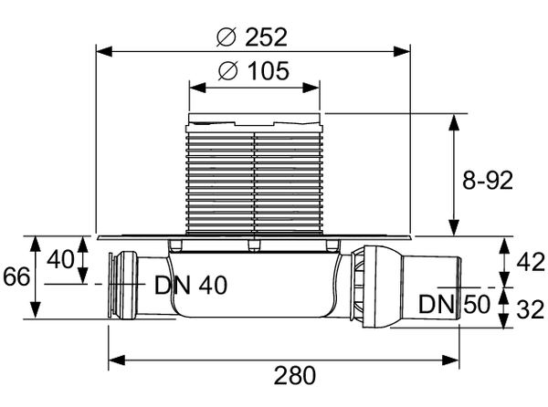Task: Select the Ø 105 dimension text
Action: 254,70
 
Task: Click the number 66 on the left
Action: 16,277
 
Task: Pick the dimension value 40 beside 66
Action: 59,259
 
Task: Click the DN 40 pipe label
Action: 189,286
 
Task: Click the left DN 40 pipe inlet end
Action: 115,285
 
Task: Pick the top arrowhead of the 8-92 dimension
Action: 452,117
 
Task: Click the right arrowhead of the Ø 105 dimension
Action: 318,89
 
